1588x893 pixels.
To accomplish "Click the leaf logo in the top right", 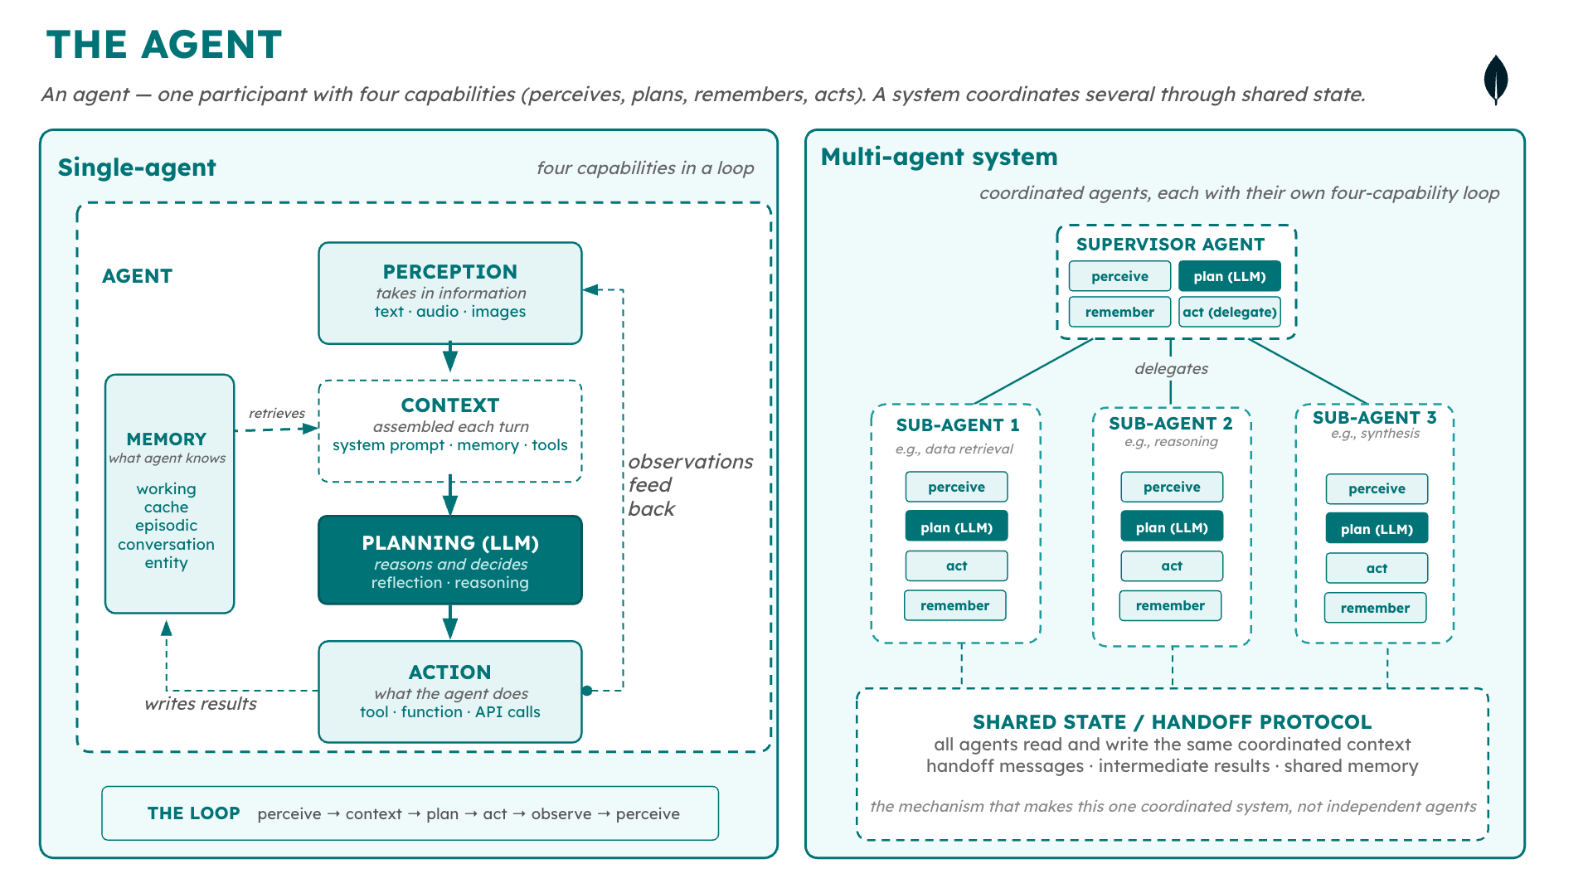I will pos(1495,80).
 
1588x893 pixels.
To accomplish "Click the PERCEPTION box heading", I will pos(449,271).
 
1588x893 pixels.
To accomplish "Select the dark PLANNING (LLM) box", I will pos(449,561).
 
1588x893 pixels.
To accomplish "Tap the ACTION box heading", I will pos(449,672).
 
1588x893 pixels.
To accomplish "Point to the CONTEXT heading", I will pos(449,405).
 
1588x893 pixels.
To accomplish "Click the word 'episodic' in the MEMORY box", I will pos(166,526).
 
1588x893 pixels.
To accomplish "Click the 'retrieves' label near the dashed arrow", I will pos(276,413).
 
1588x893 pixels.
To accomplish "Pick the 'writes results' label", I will pos(200,704).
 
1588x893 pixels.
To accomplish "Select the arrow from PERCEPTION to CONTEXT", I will pos(449,357).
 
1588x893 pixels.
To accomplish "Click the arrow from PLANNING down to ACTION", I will pos(449,622).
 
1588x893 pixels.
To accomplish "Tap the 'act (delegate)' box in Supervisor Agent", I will pos(1229,312).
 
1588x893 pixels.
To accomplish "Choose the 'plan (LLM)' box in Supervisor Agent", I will pos(1229,276).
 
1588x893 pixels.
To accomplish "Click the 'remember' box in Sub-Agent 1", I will pos(954,605).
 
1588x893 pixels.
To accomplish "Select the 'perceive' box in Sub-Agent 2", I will pos(1171,487).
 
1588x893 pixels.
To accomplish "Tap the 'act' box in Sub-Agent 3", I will pos(1376,568).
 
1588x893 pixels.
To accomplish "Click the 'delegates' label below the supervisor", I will pos(1171,368).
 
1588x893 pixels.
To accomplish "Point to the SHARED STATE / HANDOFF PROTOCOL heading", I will pos(1171,721).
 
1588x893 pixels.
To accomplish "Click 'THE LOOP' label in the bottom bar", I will pos(193,813).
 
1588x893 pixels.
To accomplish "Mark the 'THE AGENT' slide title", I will pos(164,45).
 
